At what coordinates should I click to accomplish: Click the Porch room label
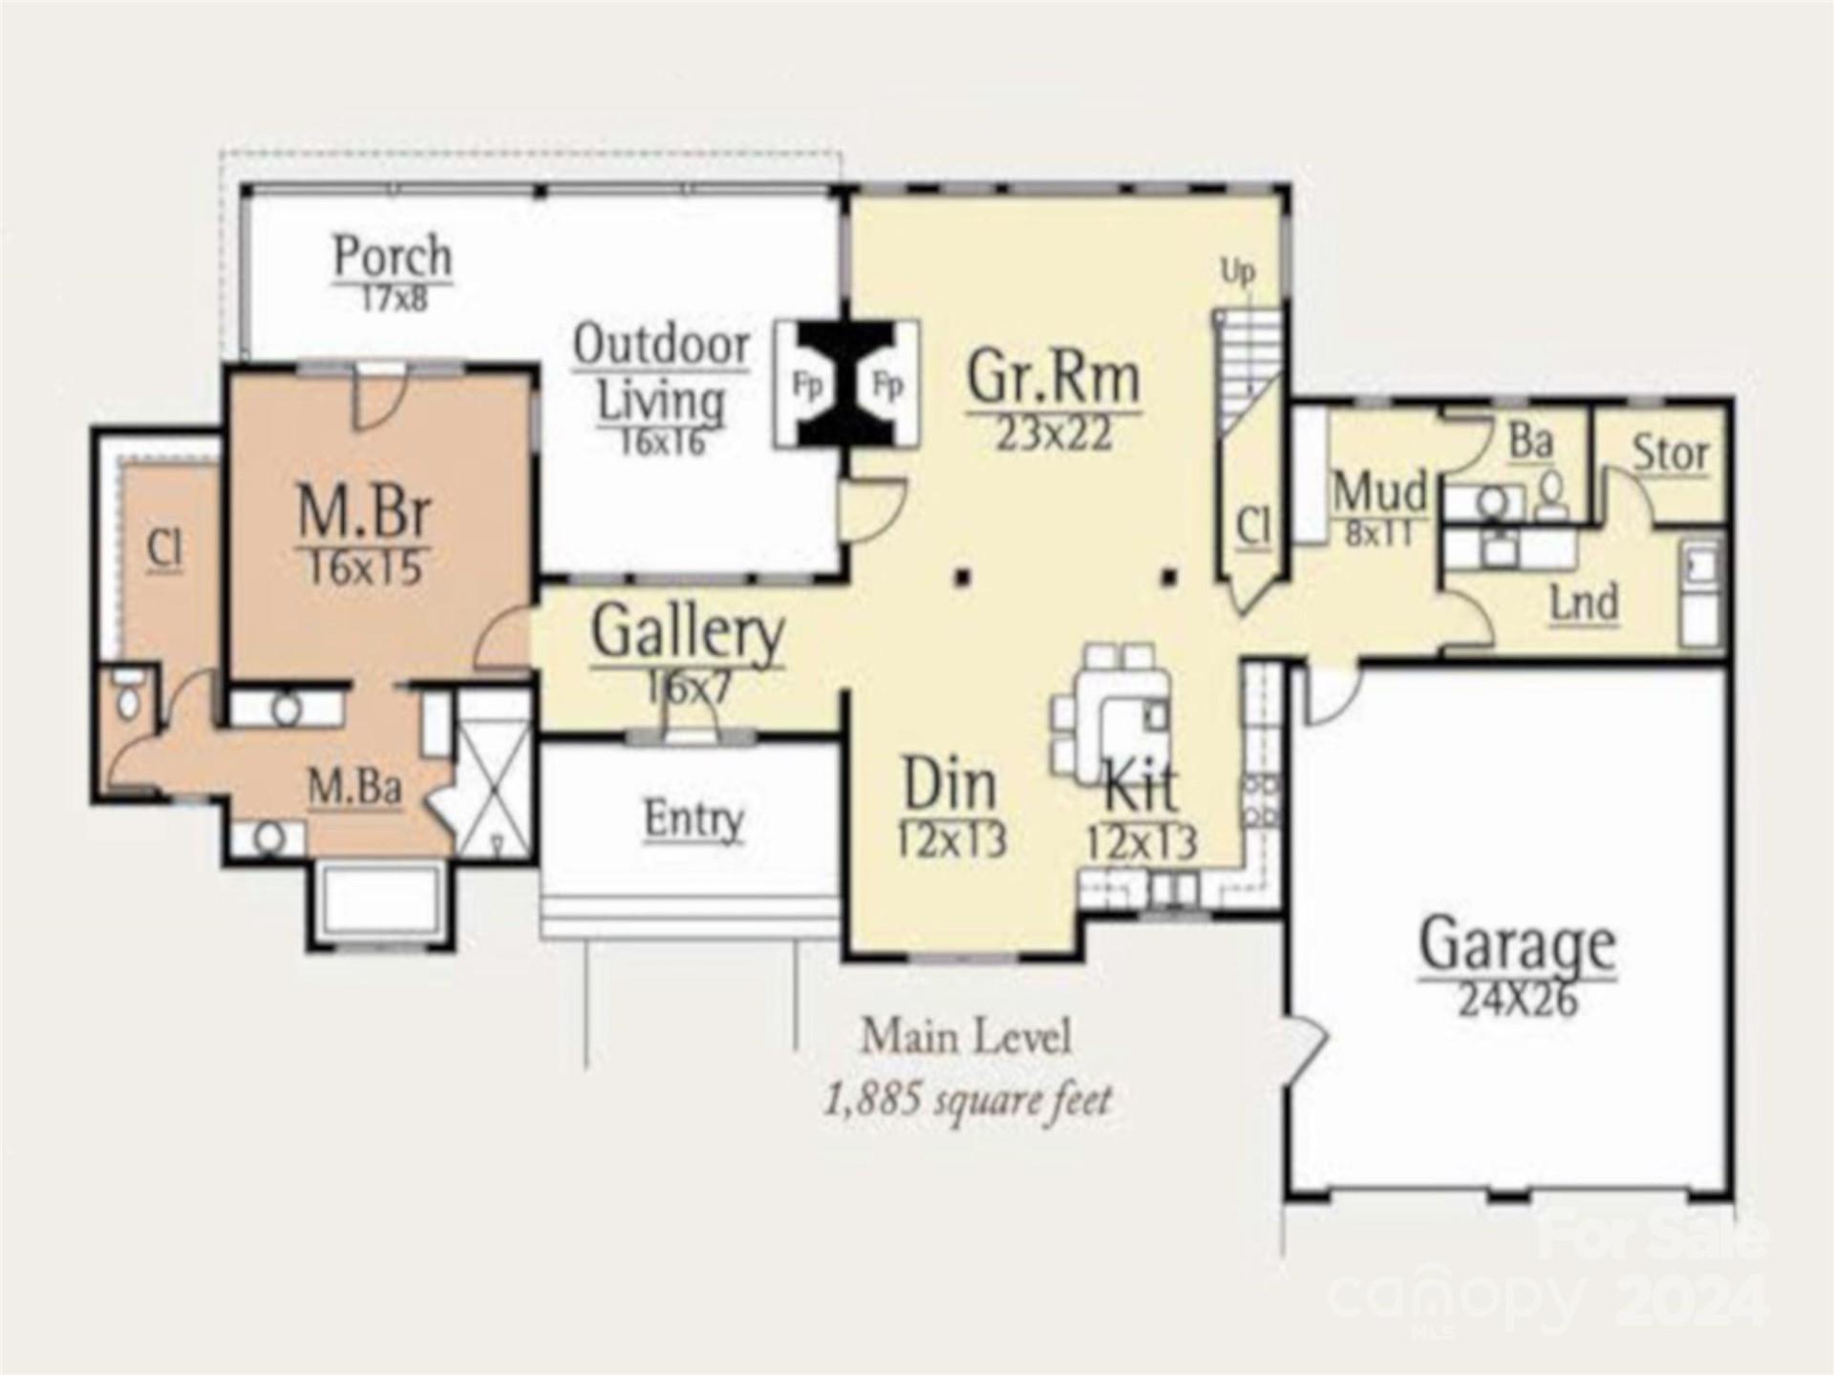click(x=393, y=256)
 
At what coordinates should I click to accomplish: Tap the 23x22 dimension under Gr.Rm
click(x=1054, y=435)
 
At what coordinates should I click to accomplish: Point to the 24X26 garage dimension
click(x=1517, y=1000)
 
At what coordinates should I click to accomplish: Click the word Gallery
click(x=687, y=632)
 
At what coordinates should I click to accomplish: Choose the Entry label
click(x=693, y=818)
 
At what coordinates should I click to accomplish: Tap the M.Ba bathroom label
click(x=354, y=788)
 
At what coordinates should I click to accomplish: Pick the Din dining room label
click(x=949, y=784)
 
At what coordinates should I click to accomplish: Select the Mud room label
click(x=1379, y=492)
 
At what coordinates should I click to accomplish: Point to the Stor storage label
click(x=1670, y=453)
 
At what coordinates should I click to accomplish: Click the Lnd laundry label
click(x=1584, y=603)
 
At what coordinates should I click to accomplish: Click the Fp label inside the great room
click(x=888, y=386)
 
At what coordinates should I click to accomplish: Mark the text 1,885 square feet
click(x=968, y=1100)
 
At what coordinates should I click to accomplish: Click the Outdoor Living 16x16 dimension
click(x=661, y=442)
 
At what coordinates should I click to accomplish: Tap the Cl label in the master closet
click(x=166, y=548)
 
